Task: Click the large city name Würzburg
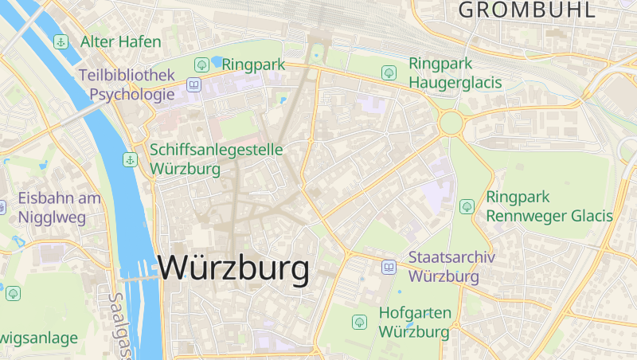(233, 269)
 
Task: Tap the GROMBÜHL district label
(526, 10)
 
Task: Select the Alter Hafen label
(120, 41)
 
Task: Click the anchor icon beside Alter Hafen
(60, 41)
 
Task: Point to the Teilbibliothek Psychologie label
(126, 84)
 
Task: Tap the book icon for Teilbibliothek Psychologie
(193, 84)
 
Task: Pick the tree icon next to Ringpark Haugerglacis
(389, 72)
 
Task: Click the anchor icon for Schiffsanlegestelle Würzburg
(130, 160)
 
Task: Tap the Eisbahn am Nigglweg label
(59, 206)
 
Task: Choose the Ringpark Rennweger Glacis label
(549, 206)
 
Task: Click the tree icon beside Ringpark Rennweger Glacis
(467, 206)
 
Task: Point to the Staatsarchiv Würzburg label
(451, 267)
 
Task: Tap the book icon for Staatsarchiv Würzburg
(389, 267)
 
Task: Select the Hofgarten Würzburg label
(414, 322)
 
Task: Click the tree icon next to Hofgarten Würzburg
(359, 322)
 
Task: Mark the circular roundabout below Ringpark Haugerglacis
(451, 123)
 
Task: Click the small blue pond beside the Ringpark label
(217, 61)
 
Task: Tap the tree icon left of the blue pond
(202, 65)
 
